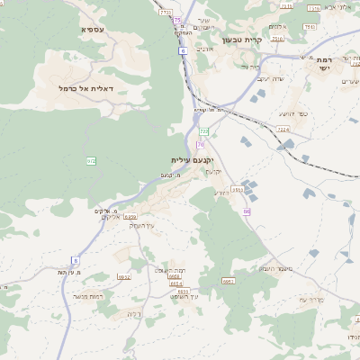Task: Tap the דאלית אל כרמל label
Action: coord(83,88)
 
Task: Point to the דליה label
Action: coord(131,313)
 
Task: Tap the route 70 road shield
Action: coord(200,144)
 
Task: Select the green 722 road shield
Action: coord(203,131)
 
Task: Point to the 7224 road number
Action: coord(283,130)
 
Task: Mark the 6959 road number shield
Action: coord(130,217)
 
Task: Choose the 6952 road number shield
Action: coord(124,277)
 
